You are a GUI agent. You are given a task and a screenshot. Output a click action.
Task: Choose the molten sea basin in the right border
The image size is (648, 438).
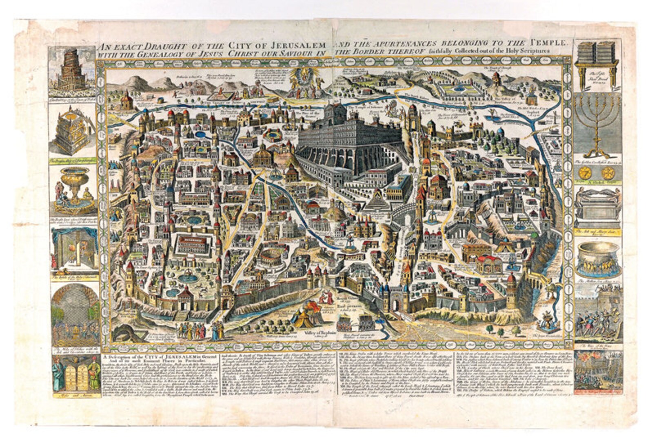(596, 261)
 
